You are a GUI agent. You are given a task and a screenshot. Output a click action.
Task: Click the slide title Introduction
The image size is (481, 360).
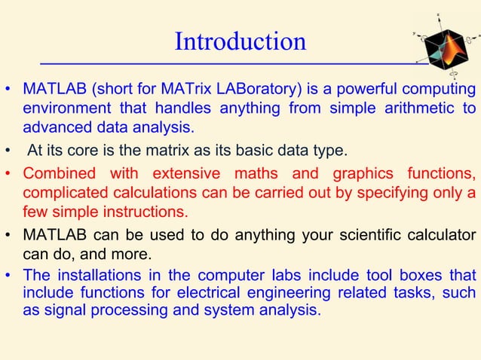click(x=240, y=41)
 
